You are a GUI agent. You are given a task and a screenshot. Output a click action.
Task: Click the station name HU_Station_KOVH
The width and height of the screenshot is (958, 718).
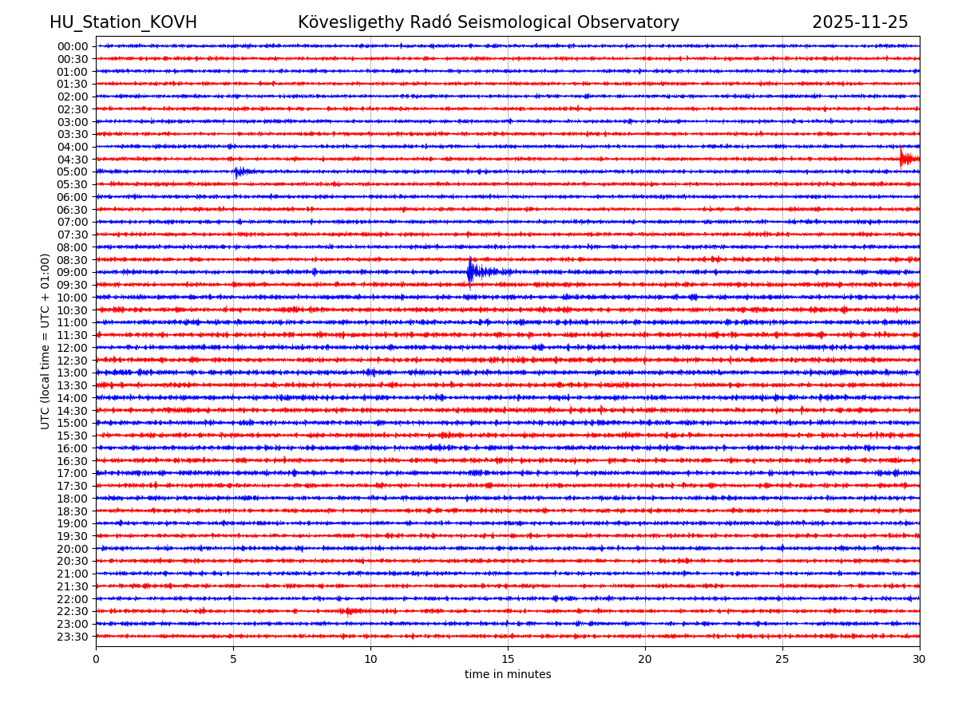pyautogui.click(x=123, y=22)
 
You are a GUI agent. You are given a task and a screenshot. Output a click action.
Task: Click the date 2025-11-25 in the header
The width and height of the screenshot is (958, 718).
pyautogui.click(x=860, y=22)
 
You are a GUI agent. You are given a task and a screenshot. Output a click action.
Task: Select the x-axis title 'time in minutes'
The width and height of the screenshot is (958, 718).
pyautogui.click(x=508, y=674)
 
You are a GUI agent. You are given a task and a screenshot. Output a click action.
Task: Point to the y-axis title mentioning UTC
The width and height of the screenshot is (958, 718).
pyautogui.click(x=46, y=341)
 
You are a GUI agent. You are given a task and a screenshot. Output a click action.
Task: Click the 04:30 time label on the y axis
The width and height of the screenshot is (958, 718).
pyautogui.click(x=73, y=160)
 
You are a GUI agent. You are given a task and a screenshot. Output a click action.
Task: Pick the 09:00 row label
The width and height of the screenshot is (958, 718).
pyautogui.click(x=73, y=272)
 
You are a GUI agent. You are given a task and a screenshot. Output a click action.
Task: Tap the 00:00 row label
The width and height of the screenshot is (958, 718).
pyautogui.click(x=73, y=46)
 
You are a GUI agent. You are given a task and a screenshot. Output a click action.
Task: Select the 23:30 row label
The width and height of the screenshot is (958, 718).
pyautogui.click(x=73, y=637)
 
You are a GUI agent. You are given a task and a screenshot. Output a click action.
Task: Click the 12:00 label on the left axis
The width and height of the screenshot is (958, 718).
pyautogui.click(x=73, y=348)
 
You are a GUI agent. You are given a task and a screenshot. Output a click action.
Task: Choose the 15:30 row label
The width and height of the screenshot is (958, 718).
pyautogui.click(x=73, y=436)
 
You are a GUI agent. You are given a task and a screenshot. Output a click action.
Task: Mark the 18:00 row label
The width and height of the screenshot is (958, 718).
pyautogui.click(x=73, y=499)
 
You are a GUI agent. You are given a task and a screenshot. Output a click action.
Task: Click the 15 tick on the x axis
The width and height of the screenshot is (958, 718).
pyautogui.click(x=508, y=659)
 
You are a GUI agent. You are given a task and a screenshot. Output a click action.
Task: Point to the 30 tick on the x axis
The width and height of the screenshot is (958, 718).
pyautogui.click(x=920, y=659)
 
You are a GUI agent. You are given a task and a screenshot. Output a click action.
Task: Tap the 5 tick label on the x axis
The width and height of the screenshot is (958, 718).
pyautogui.click(x=233, y=659)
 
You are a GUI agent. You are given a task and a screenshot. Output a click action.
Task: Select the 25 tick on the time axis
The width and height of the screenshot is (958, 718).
pyautogui.click(x=782, y=659)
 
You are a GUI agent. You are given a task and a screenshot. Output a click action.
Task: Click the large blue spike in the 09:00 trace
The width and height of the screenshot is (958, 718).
pyautogui.click(x=470, y=271)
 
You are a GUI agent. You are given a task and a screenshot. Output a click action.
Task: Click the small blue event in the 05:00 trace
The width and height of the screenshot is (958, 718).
pyautogui.click(x=239, y=172)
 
